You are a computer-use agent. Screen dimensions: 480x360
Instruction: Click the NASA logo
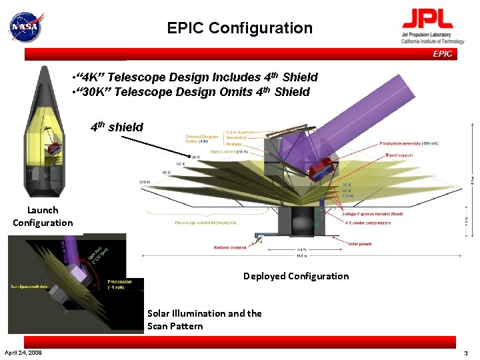[25, 27]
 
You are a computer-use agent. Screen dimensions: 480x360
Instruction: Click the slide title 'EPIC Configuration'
[239, 28]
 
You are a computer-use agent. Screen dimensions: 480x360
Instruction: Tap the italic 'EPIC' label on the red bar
[442, 54]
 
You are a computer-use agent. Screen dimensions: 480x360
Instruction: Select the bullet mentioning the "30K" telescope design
[192, 92]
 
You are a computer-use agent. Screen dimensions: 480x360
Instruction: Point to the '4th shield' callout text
[117, 127]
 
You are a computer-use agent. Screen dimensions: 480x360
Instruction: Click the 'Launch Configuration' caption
[43, 216]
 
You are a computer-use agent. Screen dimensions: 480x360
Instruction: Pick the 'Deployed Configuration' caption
[295, 276]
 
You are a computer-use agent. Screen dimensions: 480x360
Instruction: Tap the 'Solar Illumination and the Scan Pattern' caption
[204, 319]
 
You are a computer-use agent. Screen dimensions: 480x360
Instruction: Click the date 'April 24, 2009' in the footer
[23, 352]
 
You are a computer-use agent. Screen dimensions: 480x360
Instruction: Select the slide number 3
[466, 352]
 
